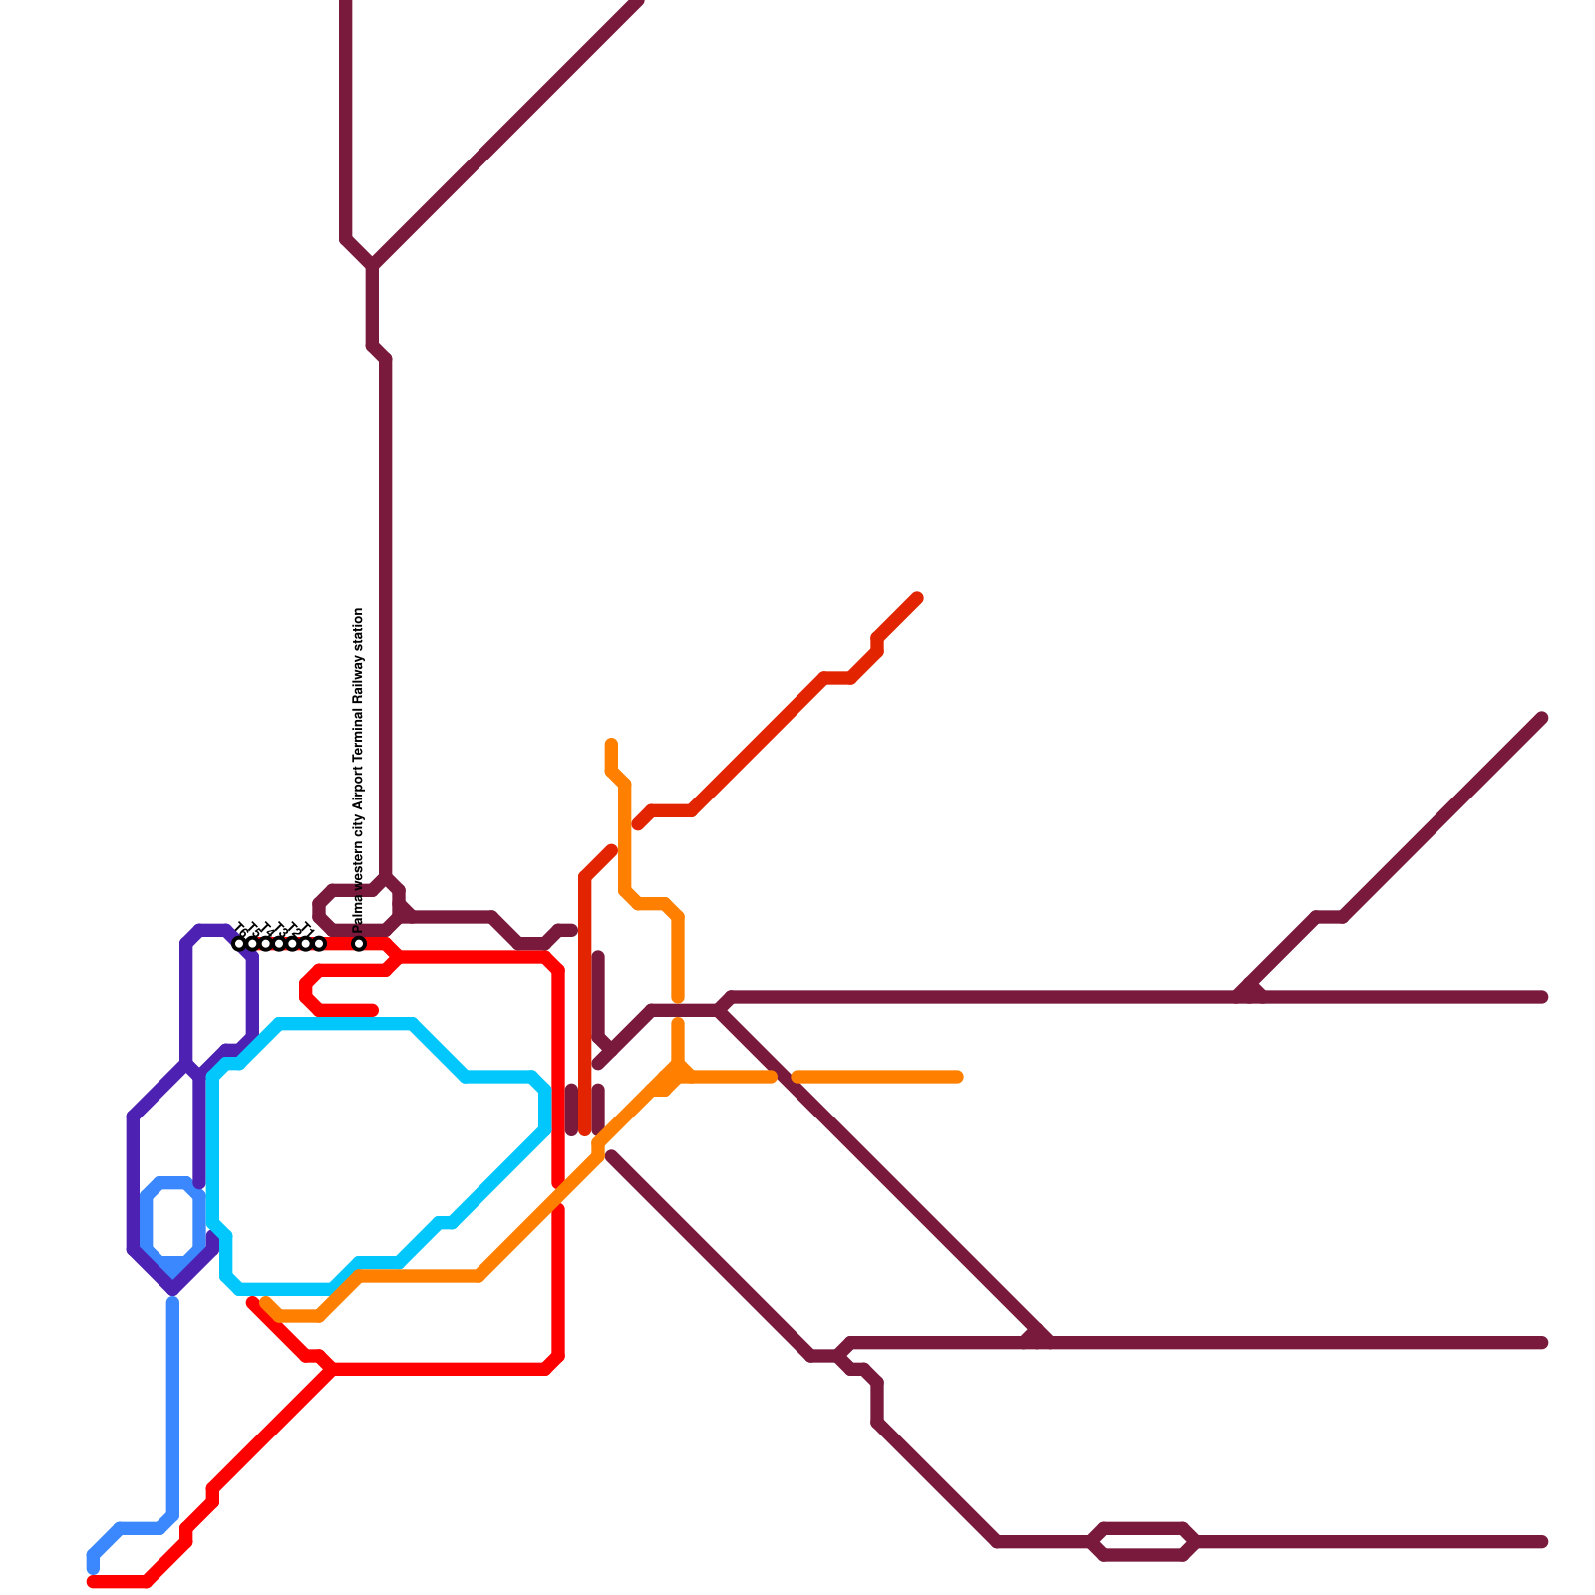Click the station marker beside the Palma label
point(359,943)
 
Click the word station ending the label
point(359,632)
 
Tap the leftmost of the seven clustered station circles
point(239,943)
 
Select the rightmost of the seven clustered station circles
point(319,943)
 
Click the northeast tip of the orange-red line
point(917,598)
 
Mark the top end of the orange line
point(611,744)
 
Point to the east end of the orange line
point(959,1077)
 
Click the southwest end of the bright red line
point(92,1582)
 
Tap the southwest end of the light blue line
point(93,1569)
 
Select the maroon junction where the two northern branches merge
point(373,265)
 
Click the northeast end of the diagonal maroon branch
point(1542,718)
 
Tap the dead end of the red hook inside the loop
point(374,1010)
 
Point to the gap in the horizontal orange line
point(785,1077)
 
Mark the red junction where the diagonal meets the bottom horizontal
point(332,1369)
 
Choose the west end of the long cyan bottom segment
point(239,1288)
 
